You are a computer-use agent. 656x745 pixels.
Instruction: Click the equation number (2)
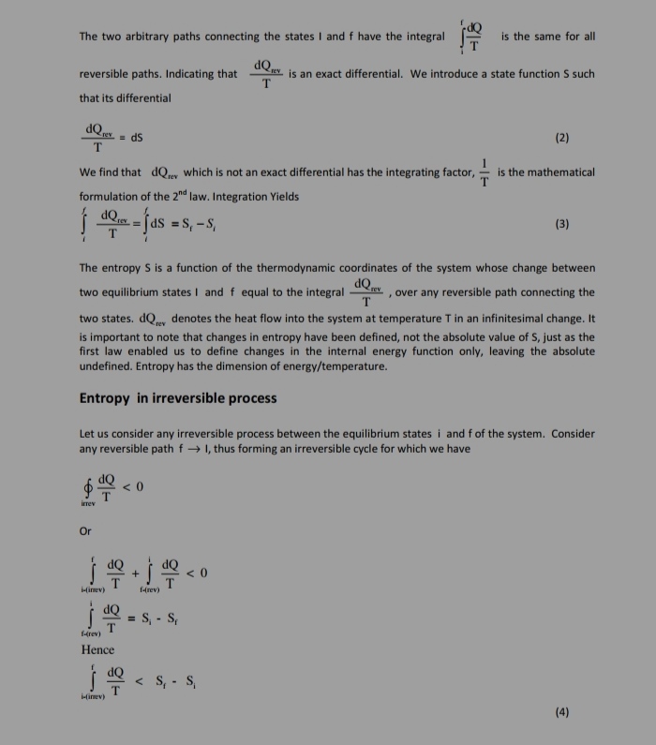pos(561,137)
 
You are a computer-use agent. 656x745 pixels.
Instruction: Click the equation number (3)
pos(561,224)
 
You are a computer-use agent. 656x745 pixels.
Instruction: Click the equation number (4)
pos(561,711)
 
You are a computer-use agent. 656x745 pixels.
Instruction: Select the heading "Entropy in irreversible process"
pos(178,397)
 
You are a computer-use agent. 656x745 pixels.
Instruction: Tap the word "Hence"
pos(97,649)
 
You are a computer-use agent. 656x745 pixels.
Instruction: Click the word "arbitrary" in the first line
pos(153,37)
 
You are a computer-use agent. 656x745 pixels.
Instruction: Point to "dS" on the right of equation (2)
pos(136,137)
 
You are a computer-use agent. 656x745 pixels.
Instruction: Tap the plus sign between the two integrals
pos(135,571)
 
